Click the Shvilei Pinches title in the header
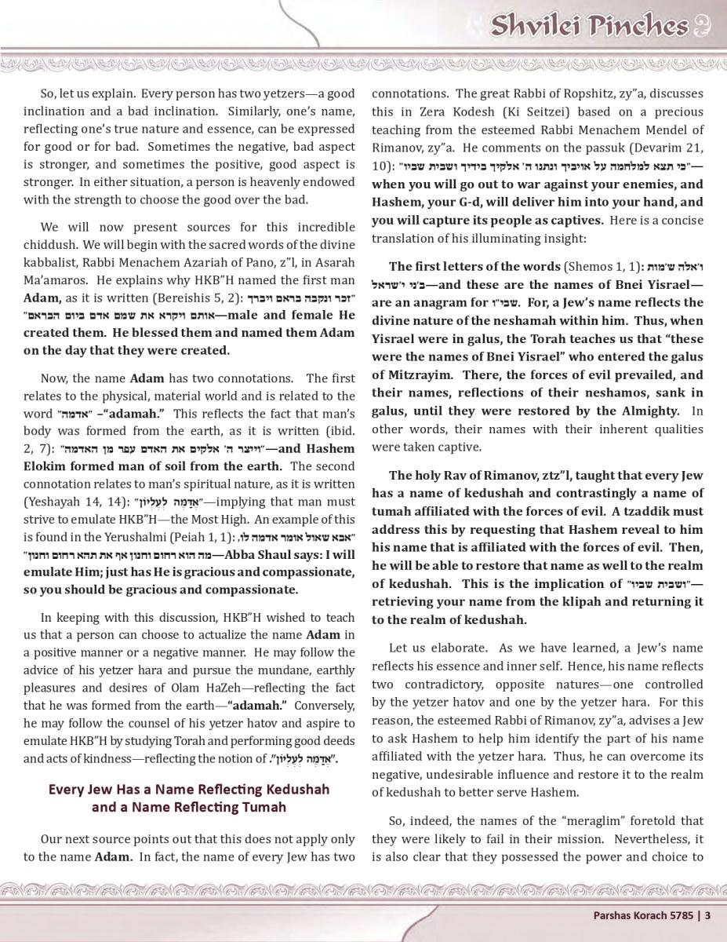pos(589,27)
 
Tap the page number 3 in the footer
pos(707,915)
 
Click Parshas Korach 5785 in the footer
pos(642,915)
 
